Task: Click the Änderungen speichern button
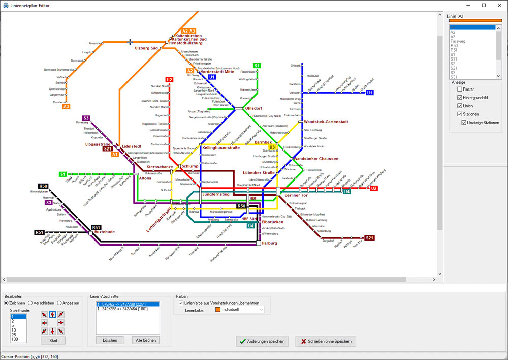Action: click(x=263, y=341)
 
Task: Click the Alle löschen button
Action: click(x=145, y=340)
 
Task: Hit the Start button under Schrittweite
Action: click(x=53, y=340)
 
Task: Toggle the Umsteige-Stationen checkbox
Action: click(x=464, y=123)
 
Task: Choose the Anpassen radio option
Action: click(x=60, y=303)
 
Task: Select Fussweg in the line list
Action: click(x=458, y=41)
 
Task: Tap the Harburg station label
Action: click(x=269, y=243)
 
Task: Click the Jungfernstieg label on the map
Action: click(x=216, y=194)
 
